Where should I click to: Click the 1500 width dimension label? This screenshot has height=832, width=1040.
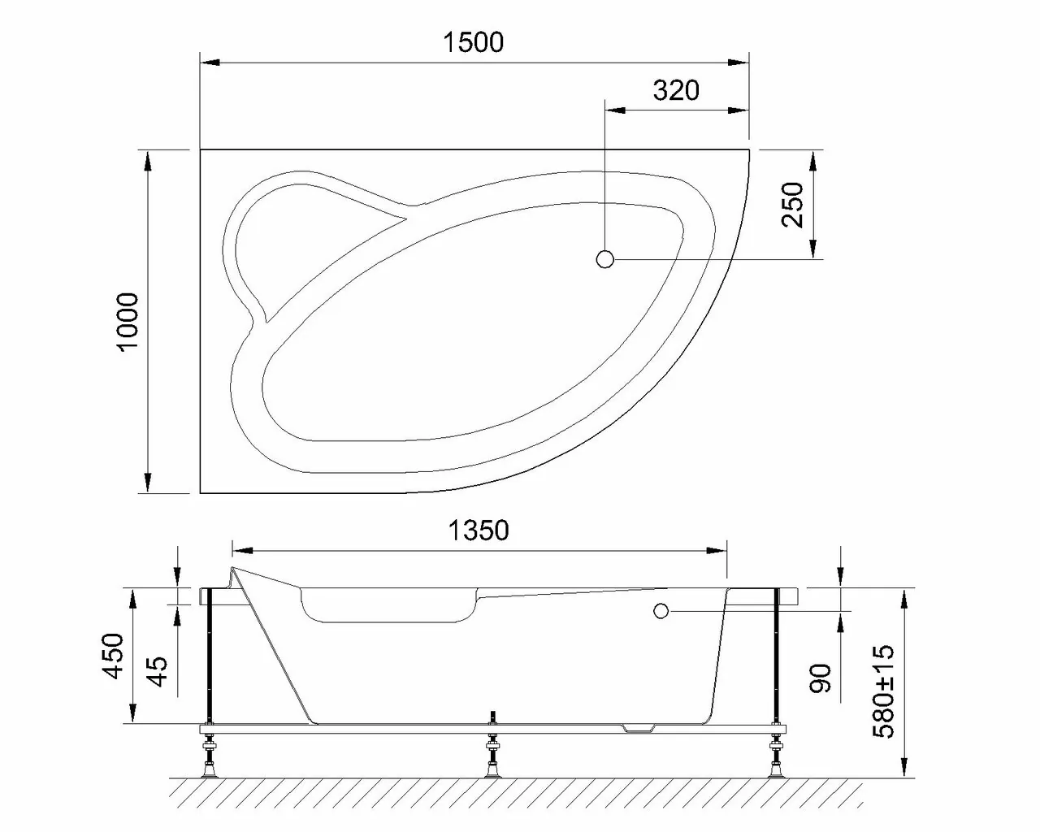click(474, 42)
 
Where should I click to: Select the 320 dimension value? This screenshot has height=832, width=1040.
click(676, 90)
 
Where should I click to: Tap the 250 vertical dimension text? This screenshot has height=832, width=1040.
click(792, 205)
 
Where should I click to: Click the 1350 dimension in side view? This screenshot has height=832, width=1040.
click(479, 531)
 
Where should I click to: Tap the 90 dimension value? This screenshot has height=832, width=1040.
click(821, 678)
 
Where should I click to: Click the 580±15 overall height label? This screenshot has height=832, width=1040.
click(882, 691)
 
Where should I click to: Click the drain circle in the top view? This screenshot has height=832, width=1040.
click(604, 259)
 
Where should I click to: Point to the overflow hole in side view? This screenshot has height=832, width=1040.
click(661, 610)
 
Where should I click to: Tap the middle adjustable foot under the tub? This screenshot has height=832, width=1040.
click(492, 755)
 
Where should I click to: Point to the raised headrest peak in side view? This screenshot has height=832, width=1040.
click(234, 570)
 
